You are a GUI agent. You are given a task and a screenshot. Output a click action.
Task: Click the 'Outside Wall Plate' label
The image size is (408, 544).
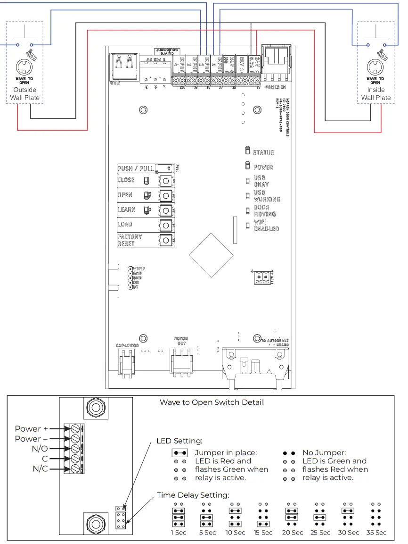point(24,94)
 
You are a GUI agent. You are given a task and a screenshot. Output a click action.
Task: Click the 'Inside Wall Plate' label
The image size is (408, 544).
point(376,94)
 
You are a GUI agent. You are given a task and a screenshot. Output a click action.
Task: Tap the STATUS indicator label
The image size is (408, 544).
point(263,152)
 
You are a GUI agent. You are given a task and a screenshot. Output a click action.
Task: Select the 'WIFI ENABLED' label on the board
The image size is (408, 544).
point(266,225)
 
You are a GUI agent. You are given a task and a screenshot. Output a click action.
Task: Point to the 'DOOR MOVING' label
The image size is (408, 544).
point(265,210)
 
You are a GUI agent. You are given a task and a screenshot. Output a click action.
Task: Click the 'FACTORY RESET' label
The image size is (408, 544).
point(130,240)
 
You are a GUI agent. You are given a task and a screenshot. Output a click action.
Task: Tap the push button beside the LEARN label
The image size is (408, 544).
point(165,210)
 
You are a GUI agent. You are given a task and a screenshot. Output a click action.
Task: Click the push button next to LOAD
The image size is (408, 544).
point(165,225)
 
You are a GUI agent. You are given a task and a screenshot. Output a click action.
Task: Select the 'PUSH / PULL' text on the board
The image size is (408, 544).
point(136,168)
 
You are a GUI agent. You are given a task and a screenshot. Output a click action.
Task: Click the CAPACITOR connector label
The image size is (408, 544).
point(127,346)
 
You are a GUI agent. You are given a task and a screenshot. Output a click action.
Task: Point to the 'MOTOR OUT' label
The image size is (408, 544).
point(180,341)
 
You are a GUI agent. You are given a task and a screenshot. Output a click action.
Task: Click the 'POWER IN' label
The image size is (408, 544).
point(276,87)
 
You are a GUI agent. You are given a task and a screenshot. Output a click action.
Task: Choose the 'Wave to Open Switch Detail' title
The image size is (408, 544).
point(212,402)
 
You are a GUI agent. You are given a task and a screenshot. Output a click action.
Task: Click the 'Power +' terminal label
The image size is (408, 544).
point(31,429)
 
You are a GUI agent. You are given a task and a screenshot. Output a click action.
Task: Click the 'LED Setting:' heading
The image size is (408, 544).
point(179,441)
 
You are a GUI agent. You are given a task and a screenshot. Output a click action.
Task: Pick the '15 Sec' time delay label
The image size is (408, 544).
point(263,532)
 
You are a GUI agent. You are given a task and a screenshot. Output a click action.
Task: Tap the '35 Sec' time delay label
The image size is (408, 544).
point(376,532)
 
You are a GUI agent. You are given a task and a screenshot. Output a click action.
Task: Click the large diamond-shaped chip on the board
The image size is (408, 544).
point(211,255)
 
